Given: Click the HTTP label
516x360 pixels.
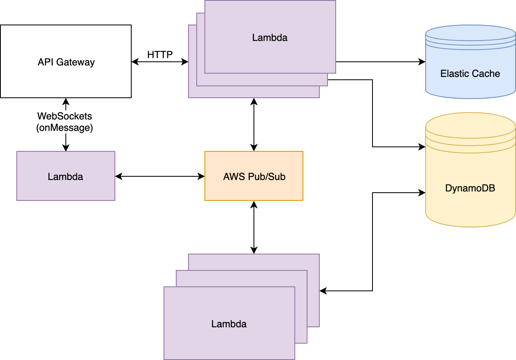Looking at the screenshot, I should coord(160,54).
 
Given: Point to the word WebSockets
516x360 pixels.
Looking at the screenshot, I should coord(65,117).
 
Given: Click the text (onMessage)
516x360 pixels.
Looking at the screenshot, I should coord(65,128).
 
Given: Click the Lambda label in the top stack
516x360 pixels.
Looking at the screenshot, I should coord(270,38).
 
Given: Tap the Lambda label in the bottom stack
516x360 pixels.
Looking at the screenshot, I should coord(229,324).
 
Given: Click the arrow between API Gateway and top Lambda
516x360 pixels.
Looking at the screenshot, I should coord(160,62).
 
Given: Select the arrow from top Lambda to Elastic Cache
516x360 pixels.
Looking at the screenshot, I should coord(380,62).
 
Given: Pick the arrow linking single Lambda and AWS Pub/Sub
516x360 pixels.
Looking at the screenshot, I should coord(160,176).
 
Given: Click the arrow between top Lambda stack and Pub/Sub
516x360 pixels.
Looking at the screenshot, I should coord(254,125).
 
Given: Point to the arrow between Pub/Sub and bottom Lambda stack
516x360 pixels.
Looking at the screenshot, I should coord(254,227).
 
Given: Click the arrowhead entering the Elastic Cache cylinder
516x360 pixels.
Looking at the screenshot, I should coord(422,62).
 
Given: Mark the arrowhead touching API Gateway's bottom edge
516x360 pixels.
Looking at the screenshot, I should coord(65,101).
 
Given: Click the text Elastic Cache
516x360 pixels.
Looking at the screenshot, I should coord(470,74).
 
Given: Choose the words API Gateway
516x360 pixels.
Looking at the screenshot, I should coord(66,62).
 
